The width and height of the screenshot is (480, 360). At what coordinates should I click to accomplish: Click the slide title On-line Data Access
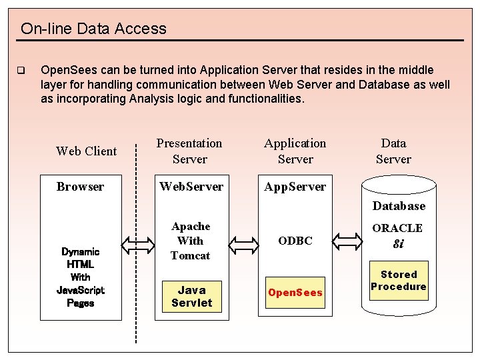tap(93, 29)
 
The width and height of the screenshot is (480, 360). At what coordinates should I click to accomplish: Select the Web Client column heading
tap(86, 151)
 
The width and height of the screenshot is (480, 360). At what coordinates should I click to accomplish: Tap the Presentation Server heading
tap(189, 151)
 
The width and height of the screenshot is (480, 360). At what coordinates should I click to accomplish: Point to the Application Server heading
tap(295, 151)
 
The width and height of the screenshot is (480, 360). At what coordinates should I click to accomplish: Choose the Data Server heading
tap(393, 151)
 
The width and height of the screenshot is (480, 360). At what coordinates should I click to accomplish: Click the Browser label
tap(80, 187)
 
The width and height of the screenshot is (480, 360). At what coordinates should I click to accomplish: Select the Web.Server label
tap(191, 187)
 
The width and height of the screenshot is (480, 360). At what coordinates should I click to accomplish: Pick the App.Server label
tap(295, 187)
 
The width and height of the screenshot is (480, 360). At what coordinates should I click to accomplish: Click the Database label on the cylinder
tap(399, 206)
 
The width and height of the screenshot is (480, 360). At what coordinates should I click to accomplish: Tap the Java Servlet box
tap(191, 296)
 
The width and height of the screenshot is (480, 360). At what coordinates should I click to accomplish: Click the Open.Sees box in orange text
tap(295, 293)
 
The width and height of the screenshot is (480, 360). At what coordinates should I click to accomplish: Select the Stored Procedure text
tap(399, 281)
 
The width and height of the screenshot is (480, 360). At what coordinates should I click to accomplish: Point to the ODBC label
tap(295, 241)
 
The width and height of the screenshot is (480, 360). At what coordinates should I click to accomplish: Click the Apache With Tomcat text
tap(191, 241)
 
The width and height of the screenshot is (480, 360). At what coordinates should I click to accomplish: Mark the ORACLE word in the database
tap(397, 228)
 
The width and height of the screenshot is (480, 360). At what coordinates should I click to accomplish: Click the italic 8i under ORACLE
tap(398, 244)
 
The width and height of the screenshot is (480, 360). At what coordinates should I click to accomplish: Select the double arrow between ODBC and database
tap(346, 240)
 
